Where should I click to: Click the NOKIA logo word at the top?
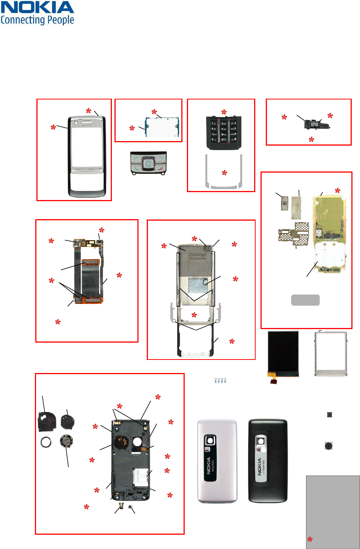(x=37, y=8)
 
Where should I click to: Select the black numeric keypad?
(x=223, y=132)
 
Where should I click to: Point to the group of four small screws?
(x=220, y=381)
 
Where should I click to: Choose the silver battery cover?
(x=217, y=461)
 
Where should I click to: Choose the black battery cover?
(x=268, y=461)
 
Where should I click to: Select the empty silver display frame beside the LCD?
(x=331, y=353)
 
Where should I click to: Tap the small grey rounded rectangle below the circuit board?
(x=305, y=300)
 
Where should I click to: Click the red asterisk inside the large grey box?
(x=310, y=539)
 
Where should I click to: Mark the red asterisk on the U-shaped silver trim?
(x=224, y=173)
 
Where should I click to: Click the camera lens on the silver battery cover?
(x=210, y=440)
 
